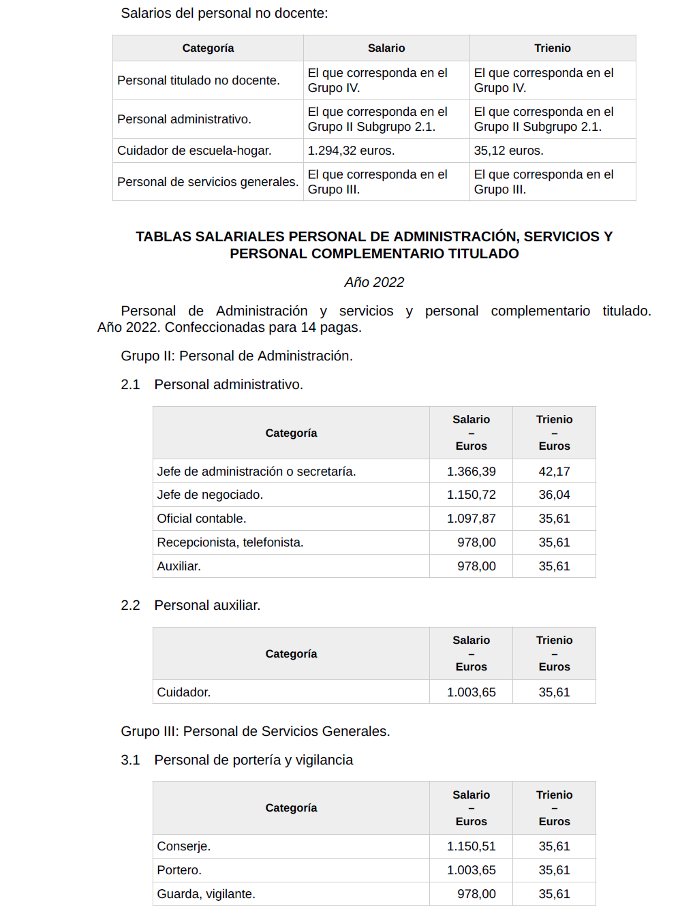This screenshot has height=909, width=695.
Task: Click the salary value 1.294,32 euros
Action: [x=351, y=151]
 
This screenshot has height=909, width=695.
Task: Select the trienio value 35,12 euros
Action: [x=508, y=151]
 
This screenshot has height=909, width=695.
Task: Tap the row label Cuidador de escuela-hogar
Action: [x=194, y=151]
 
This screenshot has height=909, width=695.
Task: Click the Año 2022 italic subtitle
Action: [x=374, y=282]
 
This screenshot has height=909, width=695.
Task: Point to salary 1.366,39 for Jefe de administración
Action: [x=471, y=472]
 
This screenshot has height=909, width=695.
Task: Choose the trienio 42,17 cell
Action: [x=554, y=472]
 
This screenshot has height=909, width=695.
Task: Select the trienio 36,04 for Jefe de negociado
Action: [x=554, y=495]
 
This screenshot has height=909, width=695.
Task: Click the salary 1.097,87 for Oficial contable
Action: [x=471, y=519]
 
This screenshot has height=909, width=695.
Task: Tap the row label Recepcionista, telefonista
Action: [x=230, y=542]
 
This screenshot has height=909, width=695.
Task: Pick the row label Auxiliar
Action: [x=179, y=566]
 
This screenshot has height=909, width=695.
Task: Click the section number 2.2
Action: [x=130, y=605]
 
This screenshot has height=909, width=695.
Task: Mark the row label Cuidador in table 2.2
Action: [x=183, y=692]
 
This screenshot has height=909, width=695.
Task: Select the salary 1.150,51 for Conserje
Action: [x=471, y=846]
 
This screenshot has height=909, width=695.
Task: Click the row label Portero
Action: [x=179, y=870]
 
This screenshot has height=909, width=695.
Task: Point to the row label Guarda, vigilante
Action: [x=206, y=894]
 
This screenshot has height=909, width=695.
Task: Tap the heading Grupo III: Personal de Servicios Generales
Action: [x=256, y=731]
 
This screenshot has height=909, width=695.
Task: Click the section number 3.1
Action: [x=130, y=760]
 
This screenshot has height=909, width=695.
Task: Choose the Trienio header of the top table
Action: [x=552, y=48]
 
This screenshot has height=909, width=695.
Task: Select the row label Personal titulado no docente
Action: [x=198, y=80]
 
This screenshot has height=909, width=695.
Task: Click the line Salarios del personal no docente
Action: [x=224, y=13]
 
